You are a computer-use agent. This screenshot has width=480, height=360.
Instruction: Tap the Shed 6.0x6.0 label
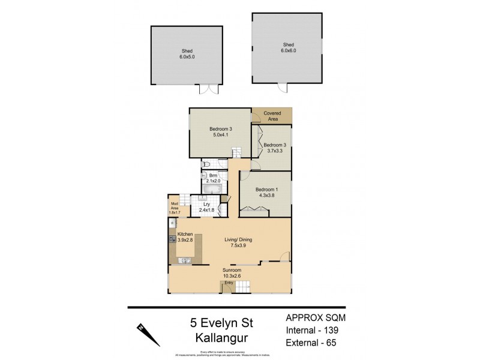tap(288, 48)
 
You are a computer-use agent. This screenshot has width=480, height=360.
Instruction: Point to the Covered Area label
tap(272, 116)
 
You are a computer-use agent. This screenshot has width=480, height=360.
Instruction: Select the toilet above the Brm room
tap(206, 164)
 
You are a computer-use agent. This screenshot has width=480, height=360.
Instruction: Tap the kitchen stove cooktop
tap(172, 240)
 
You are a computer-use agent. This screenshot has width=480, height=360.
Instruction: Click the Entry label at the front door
tap(228, 282)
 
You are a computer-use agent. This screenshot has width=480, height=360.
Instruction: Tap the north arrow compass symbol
tap(149, 334)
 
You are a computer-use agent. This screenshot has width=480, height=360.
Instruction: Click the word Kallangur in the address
tap(222, 338)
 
